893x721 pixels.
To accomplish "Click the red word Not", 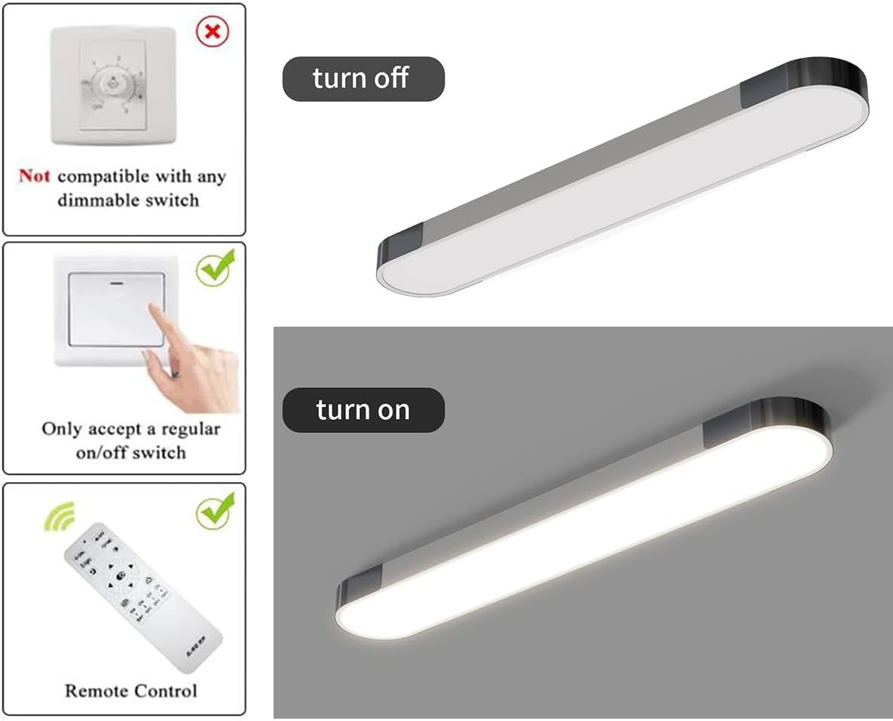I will click(35, 176).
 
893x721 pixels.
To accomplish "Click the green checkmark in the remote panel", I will click(216, 512).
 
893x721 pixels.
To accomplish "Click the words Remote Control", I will click(130, 691).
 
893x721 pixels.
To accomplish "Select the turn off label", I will click(362, 78).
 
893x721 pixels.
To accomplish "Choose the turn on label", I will click(362, 410).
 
